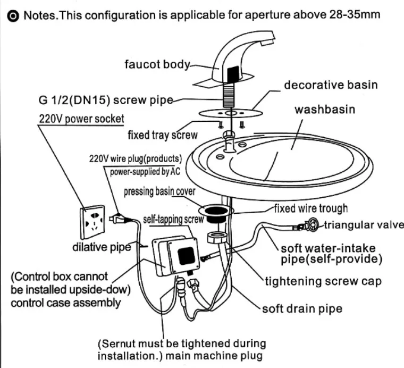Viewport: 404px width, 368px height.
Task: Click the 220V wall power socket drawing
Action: click(x=92, y=222)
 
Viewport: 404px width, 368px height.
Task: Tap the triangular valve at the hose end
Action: click(x=312, y=225)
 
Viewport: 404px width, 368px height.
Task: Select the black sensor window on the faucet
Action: click(x=233, y=74)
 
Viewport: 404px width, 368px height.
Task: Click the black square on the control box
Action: click(x=186, y=256)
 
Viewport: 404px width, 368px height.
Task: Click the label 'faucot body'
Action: click(x=157, y=64)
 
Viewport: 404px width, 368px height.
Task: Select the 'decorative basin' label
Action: click(x=331, y=85)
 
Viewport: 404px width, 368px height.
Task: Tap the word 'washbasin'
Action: click(x=325, y=109)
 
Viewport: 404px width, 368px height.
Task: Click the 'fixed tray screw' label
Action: click(x=163, y=135)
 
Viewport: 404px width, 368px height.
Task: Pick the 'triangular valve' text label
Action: click(x=364, y=225)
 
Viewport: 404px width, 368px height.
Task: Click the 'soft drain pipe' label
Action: click(x=302, y=309)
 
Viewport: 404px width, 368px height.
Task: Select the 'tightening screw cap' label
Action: click(x=323, y=281)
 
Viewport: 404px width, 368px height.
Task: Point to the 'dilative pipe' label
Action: click(x=102, y=247)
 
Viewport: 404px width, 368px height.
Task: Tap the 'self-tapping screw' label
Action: click(x=173, y=219)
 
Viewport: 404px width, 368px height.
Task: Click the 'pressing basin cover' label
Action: click(x=159, y=192)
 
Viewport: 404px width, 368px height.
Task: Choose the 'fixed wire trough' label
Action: click(x=311, y=208)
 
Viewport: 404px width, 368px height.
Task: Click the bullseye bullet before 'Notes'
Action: click(x=13, y=16)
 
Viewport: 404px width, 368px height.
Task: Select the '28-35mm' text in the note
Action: click(x=355, y=14)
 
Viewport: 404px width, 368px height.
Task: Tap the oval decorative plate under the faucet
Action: click(x=231, y=113)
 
